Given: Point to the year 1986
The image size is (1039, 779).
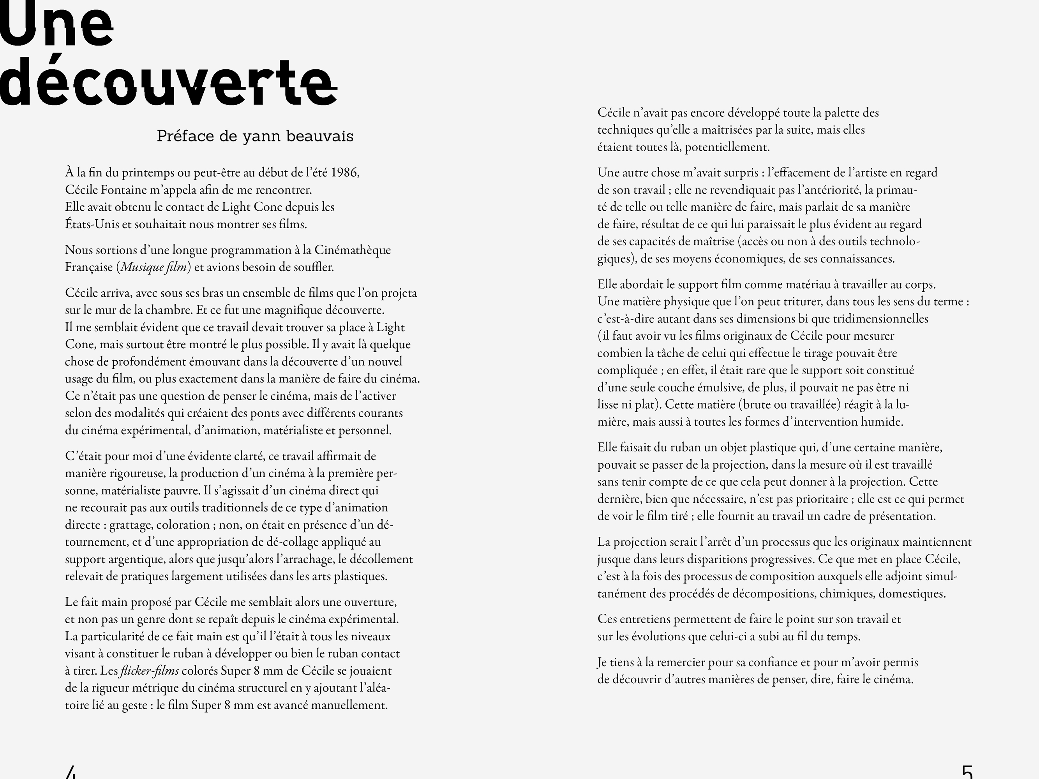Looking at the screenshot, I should (x=345, y=173).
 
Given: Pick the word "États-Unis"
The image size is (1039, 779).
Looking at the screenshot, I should (x=92, y=224).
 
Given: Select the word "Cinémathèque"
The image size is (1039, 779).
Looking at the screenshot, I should (x=352, y=250).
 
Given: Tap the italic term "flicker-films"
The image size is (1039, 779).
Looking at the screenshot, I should (x=149, y=671).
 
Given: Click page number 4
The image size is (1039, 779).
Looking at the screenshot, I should (x=71, y=772).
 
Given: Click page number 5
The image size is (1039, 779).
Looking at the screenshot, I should (x=967, y=772).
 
